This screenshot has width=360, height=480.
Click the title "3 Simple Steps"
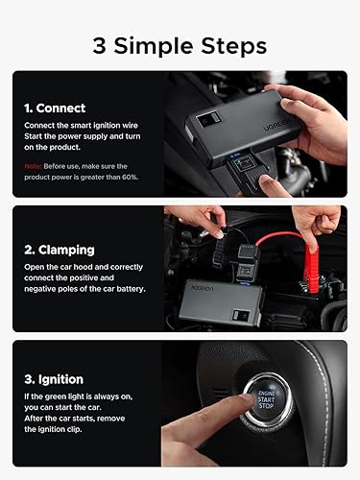[x=180, y=45]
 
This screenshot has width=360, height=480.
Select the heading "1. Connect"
[x=55, y=108]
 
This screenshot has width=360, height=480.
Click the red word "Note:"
[x=34, y=166]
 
